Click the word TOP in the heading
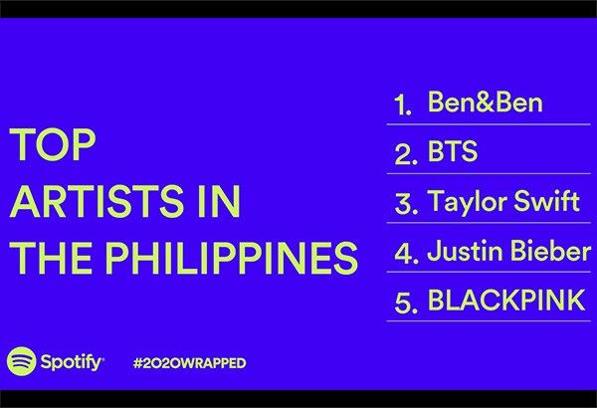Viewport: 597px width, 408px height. click(52, 144)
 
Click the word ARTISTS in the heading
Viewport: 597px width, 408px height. click(95, 202)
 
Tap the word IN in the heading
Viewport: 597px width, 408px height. click(219, 202)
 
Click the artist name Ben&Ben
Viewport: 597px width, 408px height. click(486, 102)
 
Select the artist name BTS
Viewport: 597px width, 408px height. click(453, 151)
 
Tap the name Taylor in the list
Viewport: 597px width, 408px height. click(467, 202)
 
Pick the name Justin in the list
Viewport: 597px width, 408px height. click(465, 251)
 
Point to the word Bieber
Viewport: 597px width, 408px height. click(550, 251)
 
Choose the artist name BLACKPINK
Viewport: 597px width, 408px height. click(506, 300)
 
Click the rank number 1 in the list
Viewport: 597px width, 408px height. click(403, 104)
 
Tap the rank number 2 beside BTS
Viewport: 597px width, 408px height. click(406, 153)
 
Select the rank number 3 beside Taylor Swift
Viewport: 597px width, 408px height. click(406, 203)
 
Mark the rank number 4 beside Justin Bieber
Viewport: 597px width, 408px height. click(406, 252)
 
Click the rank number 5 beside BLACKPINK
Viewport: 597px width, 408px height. click(406, 302)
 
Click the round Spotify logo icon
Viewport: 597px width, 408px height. click(21, 361)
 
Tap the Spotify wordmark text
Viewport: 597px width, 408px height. click(72, 362)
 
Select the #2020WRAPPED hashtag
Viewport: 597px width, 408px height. click(190, 362)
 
